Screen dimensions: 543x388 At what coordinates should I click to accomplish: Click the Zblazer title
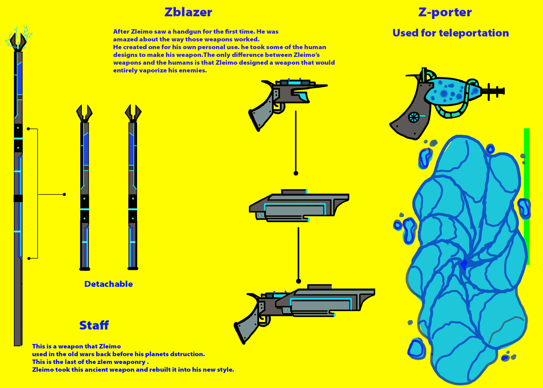188,12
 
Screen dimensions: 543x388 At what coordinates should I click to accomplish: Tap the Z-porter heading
445,12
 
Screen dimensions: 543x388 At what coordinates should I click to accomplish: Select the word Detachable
108,284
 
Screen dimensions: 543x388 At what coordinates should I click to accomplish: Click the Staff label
94,325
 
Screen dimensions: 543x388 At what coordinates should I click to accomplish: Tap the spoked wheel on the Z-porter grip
414,117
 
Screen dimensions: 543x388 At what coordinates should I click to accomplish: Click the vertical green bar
527,197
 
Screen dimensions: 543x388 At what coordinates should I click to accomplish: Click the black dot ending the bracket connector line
64,195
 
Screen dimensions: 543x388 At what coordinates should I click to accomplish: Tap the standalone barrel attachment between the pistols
299,206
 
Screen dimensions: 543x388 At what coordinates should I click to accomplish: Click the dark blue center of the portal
464,264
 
